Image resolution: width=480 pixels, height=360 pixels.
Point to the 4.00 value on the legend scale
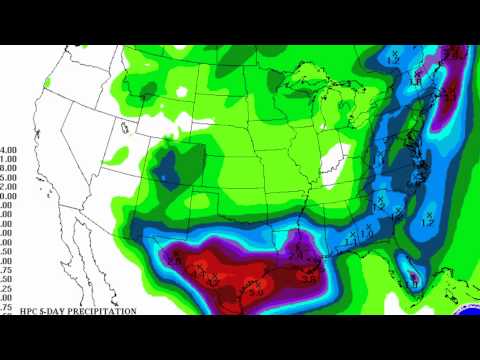[8, 149]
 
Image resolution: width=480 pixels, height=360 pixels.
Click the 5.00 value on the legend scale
[8, 177]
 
